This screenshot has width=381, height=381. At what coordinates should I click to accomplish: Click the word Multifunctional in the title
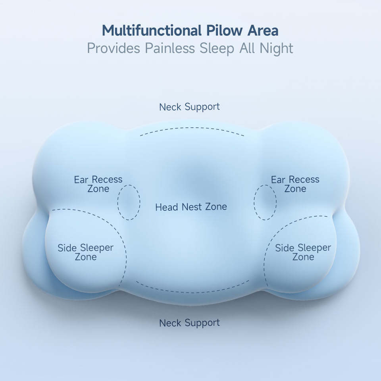click(x=152, y=31)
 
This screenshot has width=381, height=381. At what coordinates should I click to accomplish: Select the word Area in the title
click(x=263, y=31)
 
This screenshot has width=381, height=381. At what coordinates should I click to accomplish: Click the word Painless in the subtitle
click(x=170, y=48)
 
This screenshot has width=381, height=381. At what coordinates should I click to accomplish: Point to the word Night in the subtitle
click(x=276, y=48)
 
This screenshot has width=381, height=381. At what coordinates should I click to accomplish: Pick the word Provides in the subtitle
click(x=114, y=48)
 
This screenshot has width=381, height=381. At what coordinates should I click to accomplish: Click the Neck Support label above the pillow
click(x=190, y=107)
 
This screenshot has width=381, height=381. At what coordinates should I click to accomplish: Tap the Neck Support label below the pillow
click(x=190, y=323)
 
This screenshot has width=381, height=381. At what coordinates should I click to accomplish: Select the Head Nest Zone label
click(x=191, y=207)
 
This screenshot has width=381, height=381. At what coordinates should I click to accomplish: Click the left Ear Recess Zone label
click(x=98, y=184)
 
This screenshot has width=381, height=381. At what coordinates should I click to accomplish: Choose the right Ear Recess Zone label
click(x=295, y=184)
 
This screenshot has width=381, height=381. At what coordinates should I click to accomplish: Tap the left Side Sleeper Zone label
click(x=86, y=252)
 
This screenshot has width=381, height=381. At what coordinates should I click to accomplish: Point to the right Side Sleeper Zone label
click(x=303, y=252)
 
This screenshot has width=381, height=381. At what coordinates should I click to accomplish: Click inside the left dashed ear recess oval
click(x=129, y=203)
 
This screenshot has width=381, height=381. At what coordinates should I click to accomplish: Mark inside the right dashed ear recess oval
click(x=265, y=202)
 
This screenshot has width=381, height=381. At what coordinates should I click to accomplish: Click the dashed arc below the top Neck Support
click(x=192, y=128)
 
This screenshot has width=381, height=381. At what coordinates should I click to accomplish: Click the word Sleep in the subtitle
click(x=217, y=48)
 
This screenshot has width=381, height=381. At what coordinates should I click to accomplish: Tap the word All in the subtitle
click(x=247, y=48)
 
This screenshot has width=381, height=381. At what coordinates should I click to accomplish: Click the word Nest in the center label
click(x=192, y=207)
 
